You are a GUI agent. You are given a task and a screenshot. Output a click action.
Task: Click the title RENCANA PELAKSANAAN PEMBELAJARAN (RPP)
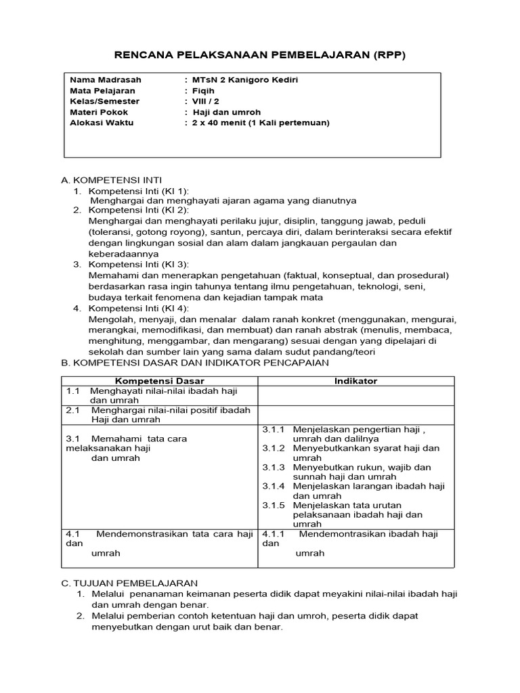tap(259, 55)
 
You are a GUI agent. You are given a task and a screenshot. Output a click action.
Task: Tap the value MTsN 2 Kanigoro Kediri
tap(245, 80)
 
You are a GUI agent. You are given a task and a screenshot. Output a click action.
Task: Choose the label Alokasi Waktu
tap(102, 123)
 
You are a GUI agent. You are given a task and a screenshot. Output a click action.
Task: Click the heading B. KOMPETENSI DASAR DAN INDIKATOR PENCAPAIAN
tap(195, 363)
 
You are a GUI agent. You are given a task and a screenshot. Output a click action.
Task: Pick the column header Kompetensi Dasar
tap(159, 381)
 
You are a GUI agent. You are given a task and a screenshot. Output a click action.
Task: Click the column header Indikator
tap(355, 381)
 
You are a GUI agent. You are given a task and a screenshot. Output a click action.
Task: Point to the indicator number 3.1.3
tap(274, 467)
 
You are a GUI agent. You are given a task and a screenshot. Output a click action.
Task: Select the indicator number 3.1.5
tap(274, 505)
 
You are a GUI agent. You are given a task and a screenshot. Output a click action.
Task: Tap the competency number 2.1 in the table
tap(73, 410)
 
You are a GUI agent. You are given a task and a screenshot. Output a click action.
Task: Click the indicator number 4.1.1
tap(274, 534)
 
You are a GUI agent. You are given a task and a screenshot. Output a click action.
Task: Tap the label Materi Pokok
tap(99, 112)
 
